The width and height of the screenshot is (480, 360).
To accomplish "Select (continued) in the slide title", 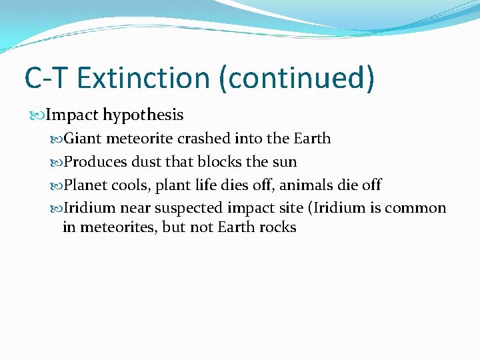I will (x=297, y=77).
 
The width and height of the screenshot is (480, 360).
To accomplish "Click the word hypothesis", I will (x=143, y=115).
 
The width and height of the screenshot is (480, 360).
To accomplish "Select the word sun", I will (x=285, y=162).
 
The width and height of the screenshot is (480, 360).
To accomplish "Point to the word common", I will (x=415, y=208).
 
